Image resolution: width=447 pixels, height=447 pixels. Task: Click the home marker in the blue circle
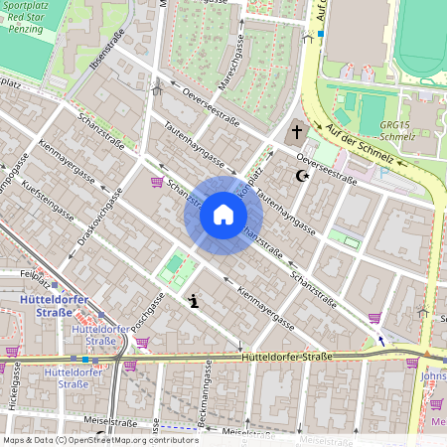click(x=223, y=215)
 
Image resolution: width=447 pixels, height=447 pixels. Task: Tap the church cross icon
click(x=296, y=133)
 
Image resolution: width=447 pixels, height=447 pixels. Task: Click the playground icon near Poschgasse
click(x=192, y=299)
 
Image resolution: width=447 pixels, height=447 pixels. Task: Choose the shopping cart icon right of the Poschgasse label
click(x=141, y=343)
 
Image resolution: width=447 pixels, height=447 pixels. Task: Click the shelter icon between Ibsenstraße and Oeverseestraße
click(x=156, y=86)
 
